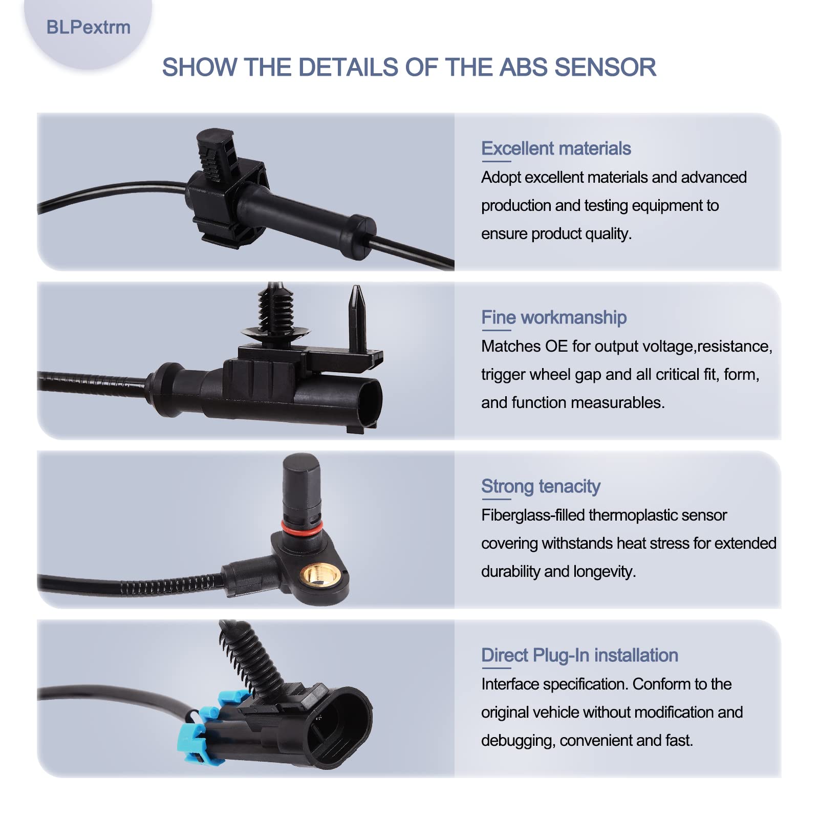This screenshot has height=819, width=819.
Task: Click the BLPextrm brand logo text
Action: pos(88,27)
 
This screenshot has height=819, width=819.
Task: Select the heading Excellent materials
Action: pos(556,148)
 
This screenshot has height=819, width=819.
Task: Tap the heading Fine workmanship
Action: pos(554,317)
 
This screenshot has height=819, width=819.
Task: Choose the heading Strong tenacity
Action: pos(541,486)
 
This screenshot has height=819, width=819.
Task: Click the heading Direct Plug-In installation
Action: pos(579,655)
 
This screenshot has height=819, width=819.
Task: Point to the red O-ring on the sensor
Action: pos(302,527)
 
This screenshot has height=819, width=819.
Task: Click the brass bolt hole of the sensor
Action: pos(321,576)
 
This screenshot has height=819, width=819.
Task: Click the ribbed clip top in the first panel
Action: pos(216,154)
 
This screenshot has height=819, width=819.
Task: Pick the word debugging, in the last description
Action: pos(518,741)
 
